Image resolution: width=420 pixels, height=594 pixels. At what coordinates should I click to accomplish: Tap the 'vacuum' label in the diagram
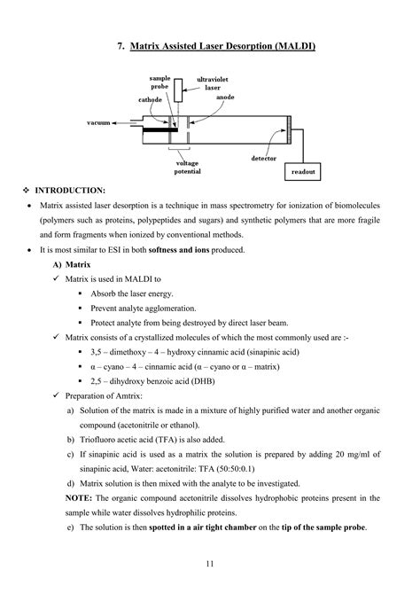click(97, 122)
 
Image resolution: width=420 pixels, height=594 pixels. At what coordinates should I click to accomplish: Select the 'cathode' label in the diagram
click(150, 99)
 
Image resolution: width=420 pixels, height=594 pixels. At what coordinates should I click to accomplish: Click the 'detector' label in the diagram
click(263, 158)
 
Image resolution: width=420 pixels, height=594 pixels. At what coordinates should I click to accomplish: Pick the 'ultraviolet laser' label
click(213, 83)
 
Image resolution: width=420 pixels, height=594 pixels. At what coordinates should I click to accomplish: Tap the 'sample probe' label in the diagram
click(159, 83)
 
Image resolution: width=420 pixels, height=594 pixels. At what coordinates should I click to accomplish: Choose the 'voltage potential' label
click(187, 167)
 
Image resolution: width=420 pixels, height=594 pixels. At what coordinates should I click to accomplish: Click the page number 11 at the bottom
click(210, 564)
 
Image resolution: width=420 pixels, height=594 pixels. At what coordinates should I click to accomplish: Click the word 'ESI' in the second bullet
click(116, 249)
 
